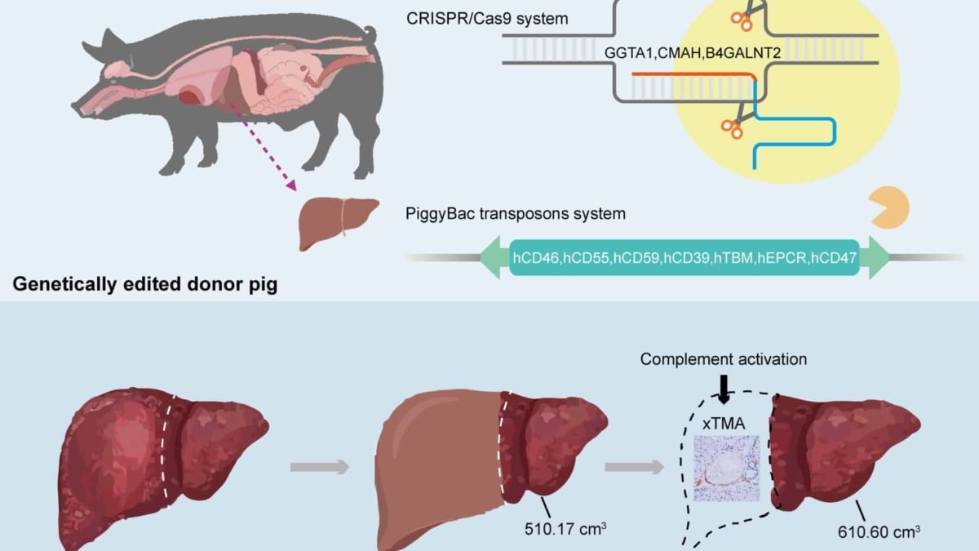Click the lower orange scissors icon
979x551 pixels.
coord(731,127)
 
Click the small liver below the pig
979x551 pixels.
coord(337,220)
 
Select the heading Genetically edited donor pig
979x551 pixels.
coord(144,287)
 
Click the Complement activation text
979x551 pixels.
coord(723,359)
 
